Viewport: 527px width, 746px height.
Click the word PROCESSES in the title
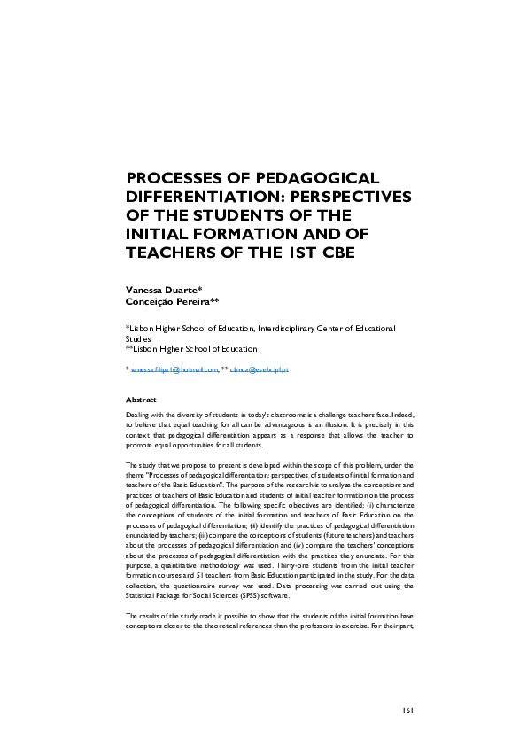(174, 178)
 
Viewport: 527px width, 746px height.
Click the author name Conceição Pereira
(166, 301)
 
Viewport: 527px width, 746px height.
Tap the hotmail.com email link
(174, 369)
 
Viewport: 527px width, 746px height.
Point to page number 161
(408, 710)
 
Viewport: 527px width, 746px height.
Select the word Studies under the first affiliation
(138, 338)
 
